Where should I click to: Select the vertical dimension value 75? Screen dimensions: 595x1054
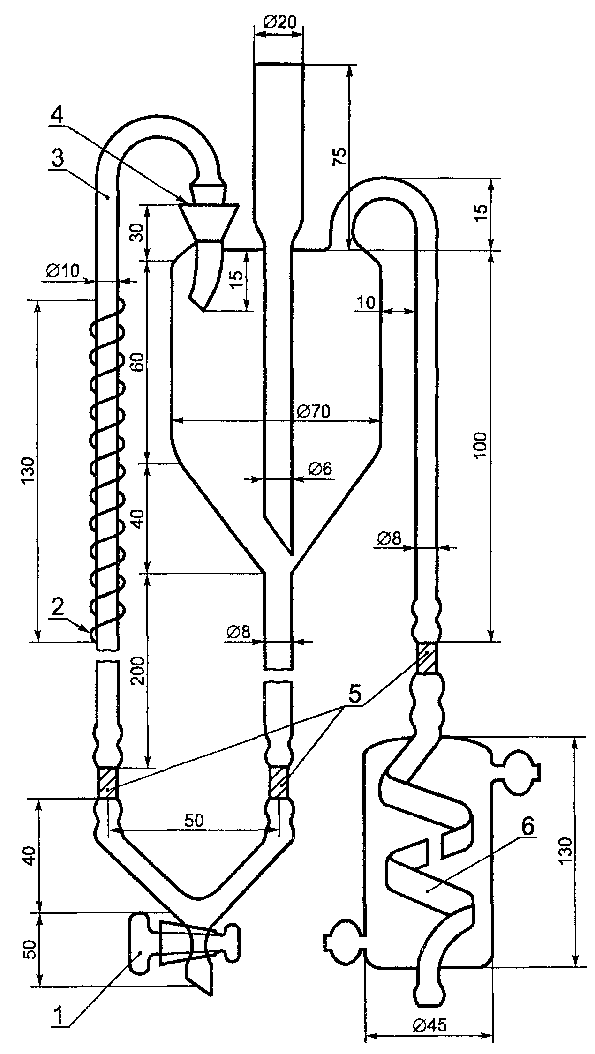click(340, 157)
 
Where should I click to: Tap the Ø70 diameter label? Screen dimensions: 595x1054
click(314, 411)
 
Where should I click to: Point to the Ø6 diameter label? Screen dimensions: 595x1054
click(320, 468)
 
